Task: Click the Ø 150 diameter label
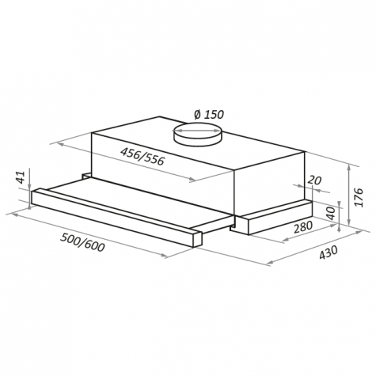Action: pos(209,114)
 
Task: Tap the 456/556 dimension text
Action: pos(142,156)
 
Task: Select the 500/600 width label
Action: pos(82,242)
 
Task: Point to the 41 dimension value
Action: pos(21,177)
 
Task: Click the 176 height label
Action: pos(359,197)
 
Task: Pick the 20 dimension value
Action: pos(315,180)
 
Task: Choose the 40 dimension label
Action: pos(330,213)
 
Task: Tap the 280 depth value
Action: pos(303,227)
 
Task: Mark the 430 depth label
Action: pos(329,253)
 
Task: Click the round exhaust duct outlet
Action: pos(196,134)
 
